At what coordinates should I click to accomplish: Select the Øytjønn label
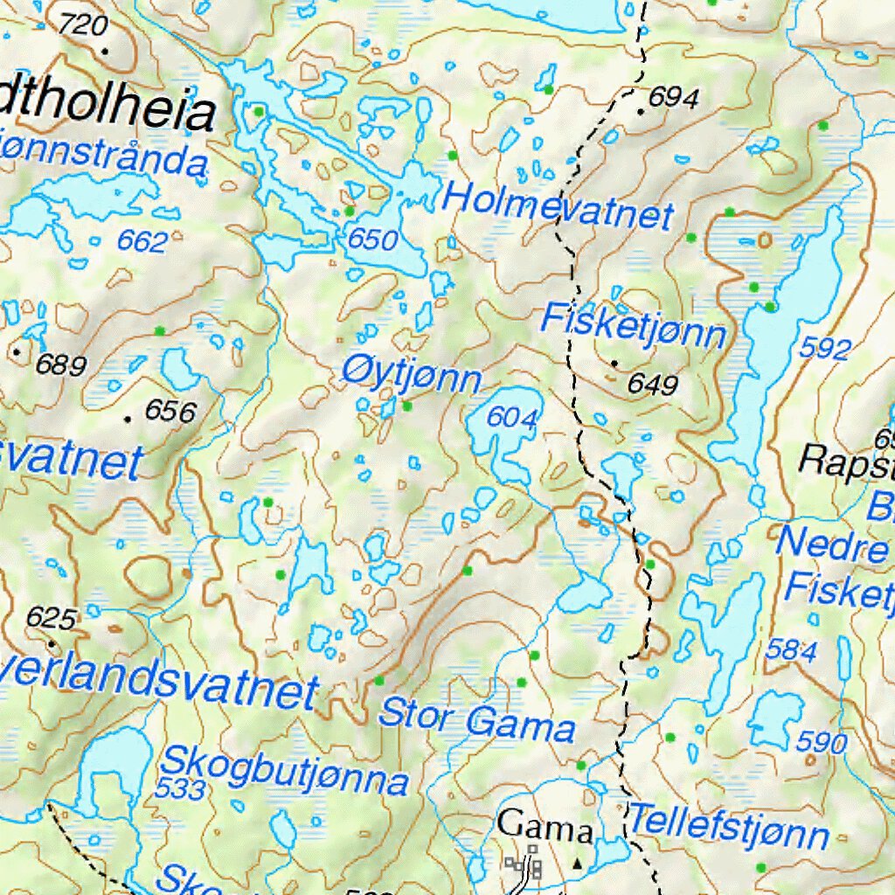[411, 377]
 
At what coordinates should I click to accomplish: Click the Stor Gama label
[476, 720]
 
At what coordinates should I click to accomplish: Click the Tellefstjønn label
[728, 827]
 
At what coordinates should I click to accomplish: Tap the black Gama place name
[545, 826]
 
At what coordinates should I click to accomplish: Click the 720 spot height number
[84, 25]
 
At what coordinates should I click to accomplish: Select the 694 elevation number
[673, 99]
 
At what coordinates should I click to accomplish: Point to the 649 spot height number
[652, 384]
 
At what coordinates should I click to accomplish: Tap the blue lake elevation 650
[372, 239]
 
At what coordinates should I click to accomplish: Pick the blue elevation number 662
[142, 242]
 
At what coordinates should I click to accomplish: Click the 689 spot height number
[61, 364]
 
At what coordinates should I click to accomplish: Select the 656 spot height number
[170, 410]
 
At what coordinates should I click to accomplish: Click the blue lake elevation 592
[824, 350]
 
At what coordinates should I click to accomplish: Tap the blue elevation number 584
[791, 649]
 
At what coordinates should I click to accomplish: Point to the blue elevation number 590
[822, 743]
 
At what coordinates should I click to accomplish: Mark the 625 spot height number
[51, 618]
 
